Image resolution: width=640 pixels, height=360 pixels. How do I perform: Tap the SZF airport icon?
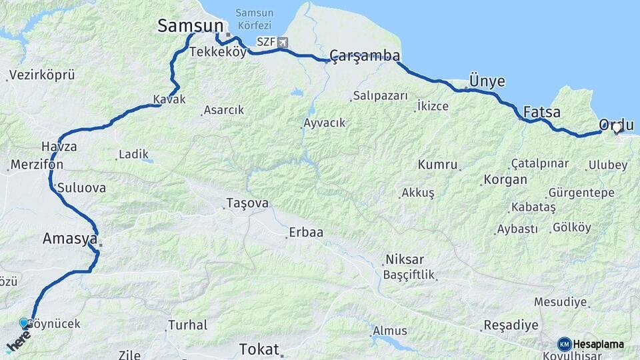pos(283,43)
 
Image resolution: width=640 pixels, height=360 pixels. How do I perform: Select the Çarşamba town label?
pos(365,55)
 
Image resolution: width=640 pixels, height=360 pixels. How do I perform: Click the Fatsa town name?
pos(541,112)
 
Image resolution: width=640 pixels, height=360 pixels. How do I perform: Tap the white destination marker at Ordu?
pos(617,127)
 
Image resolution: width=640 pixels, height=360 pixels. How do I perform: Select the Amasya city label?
pos(70,239)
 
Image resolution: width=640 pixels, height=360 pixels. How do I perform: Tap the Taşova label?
pos(247,203)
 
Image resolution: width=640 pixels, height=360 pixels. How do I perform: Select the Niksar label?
pos(404,259)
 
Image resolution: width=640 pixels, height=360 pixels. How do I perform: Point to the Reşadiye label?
pos(510,325)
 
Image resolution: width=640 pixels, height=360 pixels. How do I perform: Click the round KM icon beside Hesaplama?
pos(564,344)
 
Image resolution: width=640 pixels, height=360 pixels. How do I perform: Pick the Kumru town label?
pos(437,165)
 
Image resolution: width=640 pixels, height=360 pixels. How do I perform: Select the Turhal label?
pos(188,325)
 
